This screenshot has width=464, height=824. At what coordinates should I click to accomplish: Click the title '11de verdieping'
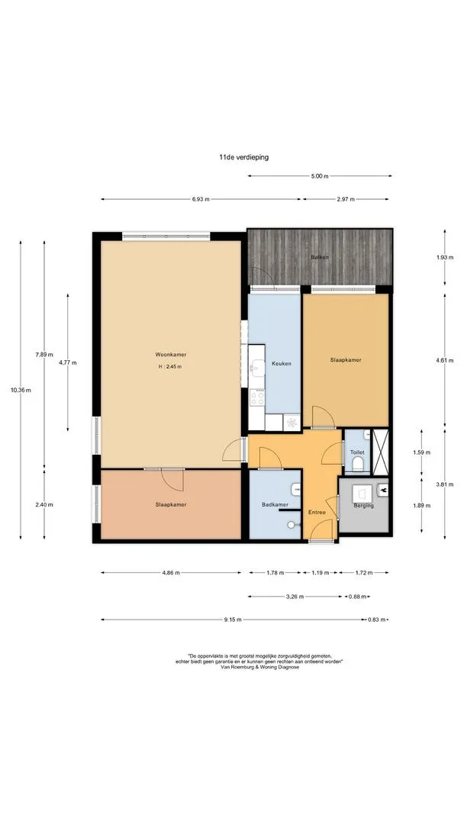[243, 156]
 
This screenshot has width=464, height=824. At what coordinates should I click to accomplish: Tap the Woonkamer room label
[170, 354]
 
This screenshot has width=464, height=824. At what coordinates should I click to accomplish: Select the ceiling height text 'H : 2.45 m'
[169, 367]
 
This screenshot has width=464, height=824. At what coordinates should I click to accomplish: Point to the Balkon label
[320, 257]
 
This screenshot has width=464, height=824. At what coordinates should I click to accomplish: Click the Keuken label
[281, 363]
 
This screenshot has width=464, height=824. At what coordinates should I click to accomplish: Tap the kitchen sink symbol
[256, 367]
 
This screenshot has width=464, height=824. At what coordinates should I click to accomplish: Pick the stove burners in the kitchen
[257, 396]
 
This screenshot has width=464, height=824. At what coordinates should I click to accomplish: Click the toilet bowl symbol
[357, 464]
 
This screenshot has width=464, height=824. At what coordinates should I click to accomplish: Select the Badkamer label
[274, 505]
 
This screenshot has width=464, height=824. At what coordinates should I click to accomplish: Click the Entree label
[317, 513]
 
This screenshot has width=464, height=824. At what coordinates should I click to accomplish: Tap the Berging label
[363, 506]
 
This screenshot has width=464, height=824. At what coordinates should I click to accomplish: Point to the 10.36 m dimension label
[21, 390]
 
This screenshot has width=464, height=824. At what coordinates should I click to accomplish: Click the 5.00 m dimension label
[320, 176]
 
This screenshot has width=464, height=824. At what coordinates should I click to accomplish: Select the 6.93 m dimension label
[201, 199]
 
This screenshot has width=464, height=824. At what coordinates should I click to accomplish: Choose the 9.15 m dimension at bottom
[232, 620]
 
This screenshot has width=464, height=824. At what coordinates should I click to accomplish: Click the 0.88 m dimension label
[357, 597]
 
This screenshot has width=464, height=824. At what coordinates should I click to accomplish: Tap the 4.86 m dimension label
[171, 572]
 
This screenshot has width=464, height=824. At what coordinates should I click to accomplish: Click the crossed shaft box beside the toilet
[379, 452]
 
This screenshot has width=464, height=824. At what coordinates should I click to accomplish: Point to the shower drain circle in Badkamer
[291, 524]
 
